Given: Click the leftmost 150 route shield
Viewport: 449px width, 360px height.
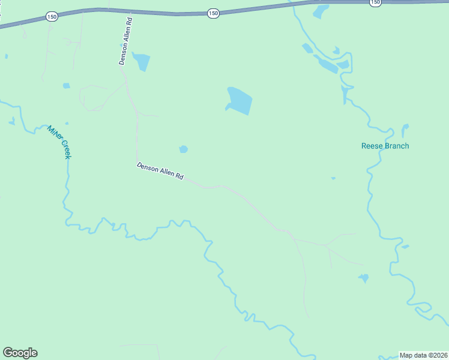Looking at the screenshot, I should point(52,17).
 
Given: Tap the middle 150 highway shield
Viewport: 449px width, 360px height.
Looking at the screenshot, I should point(213,13).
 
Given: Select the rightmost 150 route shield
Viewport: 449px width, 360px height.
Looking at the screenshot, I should point(375,2).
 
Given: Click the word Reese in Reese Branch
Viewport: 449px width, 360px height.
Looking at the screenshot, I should point(372,146).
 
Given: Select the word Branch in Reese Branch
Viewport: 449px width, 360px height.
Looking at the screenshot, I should point(396,146).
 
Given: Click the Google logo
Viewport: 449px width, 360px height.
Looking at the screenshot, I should point(20,353).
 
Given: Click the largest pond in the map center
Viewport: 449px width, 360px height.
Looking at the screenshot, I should point(240,101).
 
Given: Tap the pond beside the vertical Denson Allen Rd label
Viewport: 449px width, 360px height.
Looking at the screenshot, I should point(141,61).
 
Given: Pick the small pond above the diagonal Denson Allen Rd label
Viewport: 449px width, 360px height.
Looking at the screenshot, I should point(184,149).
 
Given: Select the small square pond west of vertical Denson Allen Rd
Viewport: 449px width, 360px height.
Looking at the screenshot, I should point(66,86).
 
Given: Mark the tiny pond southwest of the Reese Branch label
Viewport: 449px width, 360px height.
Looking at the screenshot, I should point(333,178).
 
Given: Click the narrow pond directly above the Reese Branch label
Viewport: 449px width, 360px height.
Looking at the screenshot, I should point(405,130).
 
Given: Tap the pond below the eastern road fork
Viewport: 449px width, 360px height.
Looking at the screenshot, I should point(363,278).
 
